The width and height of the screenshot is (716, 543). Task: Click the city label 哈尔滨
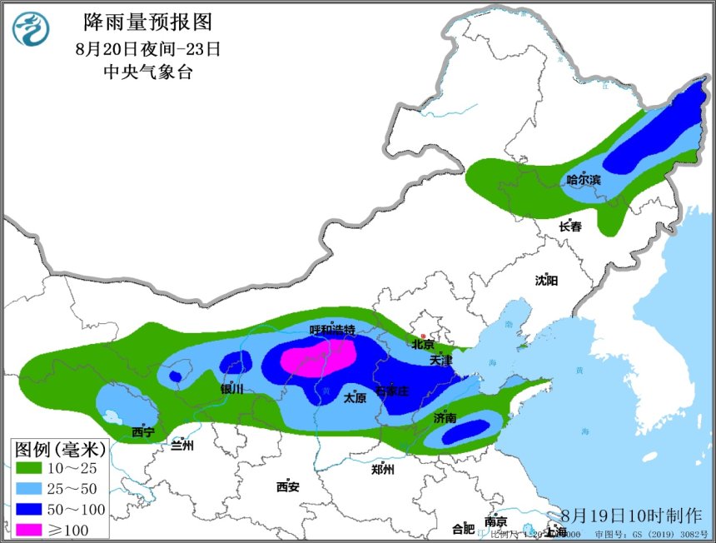[x=584, y=180]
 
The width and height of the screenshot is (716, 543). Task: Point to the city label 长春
[x=570, y=227]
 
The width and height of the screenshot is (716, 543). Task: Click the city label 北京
[x=423, y=344]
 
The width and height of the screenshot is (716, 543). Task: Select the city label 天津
[x=441, y=361]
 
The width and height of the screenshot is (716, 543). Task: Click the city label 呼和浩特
[x=332, y=330]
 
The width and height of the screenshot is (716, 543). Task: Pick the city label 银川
[x=231, y=389]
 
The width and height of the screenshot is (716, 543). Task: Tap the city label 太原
[x=356, y=398]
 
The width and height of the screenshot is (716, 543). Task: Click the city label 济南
[x=445, y=417]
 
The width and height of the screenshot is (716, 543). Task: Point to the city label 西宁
[x=143, y=431]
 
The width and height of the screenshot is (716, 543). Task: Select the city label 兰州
[x=182, y=446]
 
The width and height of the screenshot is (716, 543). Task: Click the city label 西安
[x=288, y=486]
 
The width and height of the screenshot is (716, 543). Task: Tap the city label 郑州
[x=383, y=469]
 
